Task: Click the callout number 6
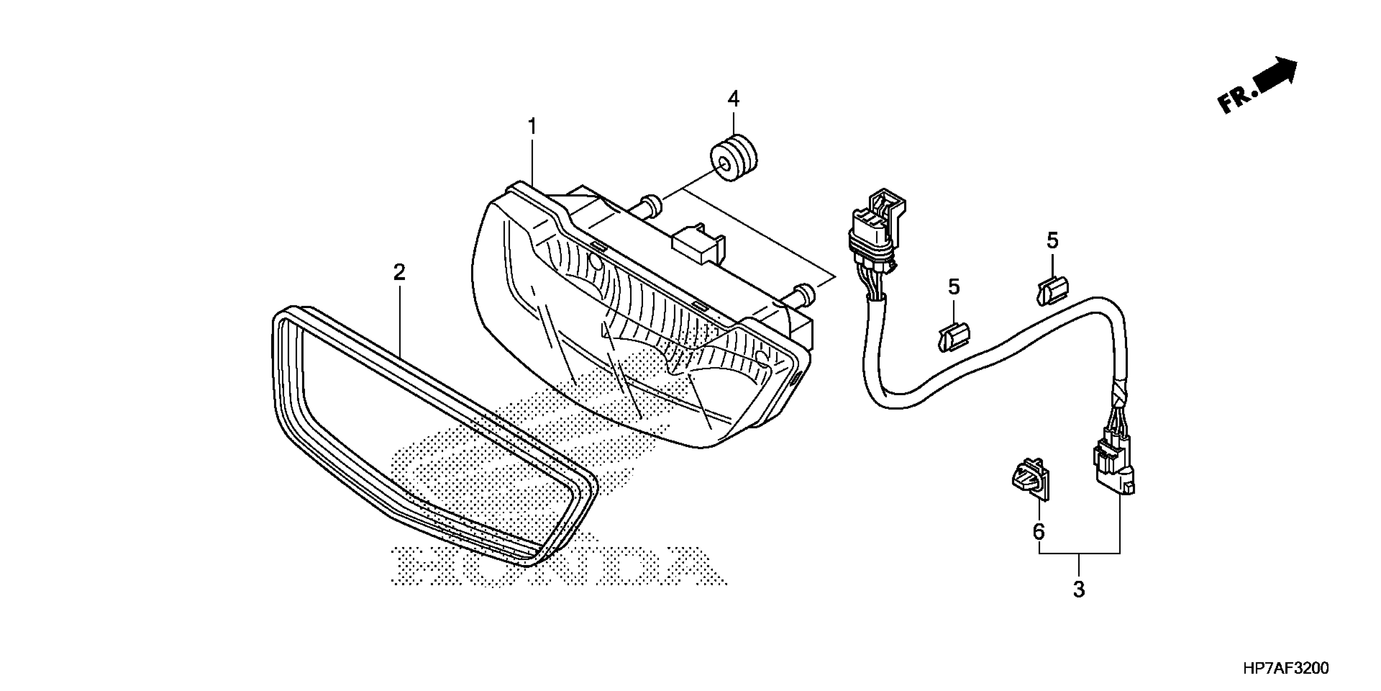coord(1039,532)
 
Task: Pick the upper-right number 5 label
coord(1052,241)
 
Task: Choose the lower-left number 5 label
coord(954,287)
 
